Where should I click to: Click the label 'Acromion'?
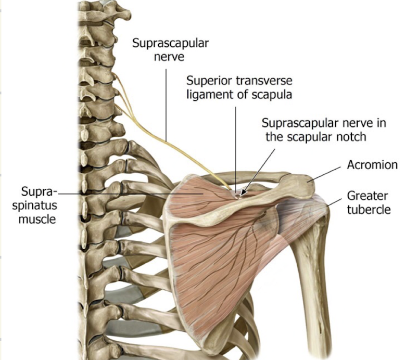[372, 165]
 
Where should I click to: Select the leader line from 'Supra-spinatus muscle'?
[130, 193]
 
